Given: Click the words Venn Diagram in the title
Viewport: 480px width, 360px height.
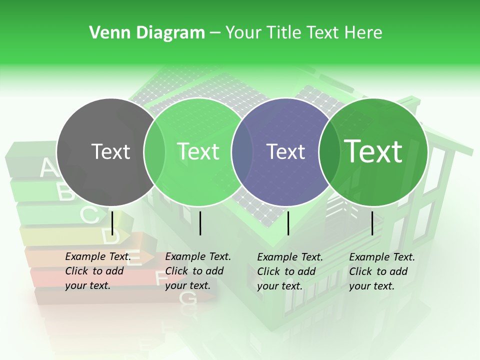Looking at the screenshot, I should pyautogui.click(x=147, y=33).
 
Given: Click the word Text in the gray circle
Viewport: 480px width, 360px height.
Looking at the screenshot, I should pyautogui.click(x=110, y=151).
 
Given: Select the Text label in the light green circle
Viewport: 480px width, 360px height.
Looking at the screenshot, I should pyautogui.click(x=198, y=151).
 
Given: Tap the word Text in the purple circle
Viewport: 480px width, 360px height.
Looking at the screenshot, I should pyautogui.click(x=285, y=151).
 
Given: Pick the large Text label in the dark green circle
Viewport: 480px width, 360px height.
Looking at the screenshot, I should pyautogui.click(x=373, y=151).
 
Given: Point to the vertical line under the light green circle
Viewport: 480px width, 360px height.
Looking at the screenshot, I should pyautogui.click(x=200, y=223).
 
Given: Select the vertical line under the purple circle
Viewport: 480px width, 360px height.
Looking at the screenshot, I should pyautogui.click(x=288, y=223).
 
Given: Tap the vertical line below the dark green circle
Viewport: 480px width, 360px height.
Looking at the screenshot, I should pyautogui.click(x=372, y=223).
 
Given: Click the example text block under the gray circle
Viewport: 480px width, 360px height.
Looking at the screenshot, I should pyautogui.click(x=97, y=271).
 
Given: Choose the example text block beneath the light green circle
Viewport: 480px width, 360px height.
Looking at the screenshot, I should pyautogui.click(x=197, y=271).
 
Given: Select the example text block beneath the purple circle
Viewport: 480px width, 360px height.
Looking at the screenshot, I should pyautogui.click(x=289, y=271).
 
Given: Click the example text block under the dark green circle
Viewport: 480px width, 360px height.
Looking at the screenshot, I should pyautogui.click(x=381, y=271).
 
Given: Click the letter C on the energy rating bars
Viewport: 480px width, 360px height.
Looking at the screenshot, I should pyautogui.click(x=89, y=215).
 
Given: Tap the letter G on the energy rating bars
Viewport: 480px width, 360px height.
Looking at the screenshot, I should pyautogui.click(x=188, y=298).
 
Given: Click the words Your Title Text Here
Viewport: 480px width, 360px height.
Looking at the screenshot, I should pyautogui.click(x=303, y=33).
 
